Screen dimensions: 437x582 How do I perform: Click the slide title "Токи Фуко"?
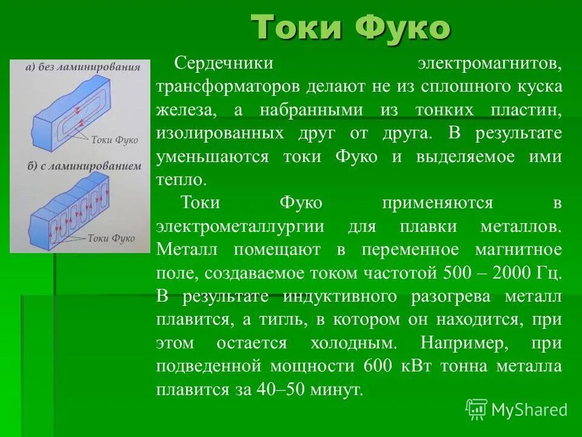(x=351, y=27)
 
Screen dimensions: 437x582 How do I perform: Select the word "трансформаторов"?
(x=228, y=86)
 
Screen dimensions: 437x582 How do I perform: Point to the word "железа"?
(x=186, y=110)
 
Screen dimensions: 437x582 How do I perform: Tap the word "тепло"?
(x=181, y=180)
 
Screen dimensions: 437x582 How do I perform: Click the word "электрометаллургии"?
(x=239, y=226)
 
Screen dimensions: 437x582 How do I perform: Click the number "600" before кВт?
(x=378, y=367)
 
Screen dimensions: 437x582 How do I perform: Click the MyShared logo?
(x=517, y=410)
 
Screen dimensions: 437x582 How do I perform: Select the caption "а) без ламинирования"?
(x=79, y=67)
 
